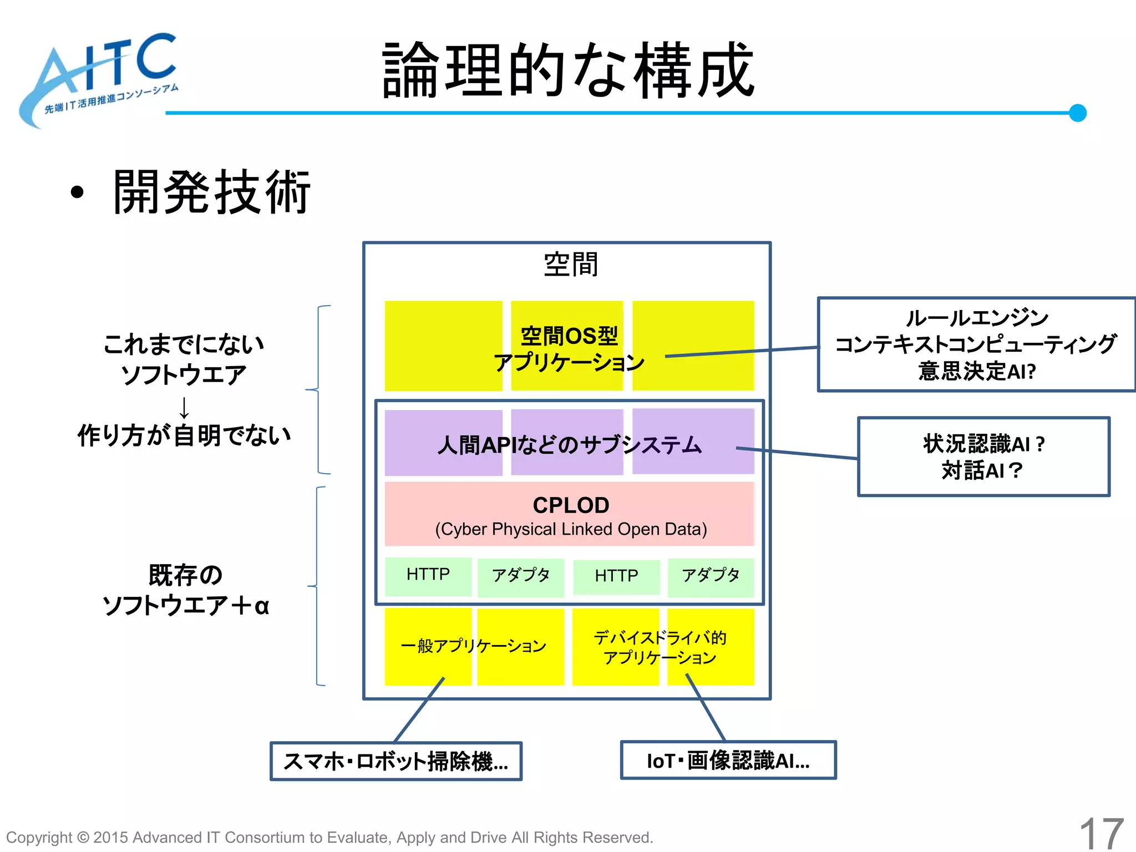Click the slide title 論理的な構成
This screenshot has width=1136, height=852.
(568, 70)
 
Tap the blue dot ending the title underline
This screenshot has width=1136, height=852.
(1077, 113)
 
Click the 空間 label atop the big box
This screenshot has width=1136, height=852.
(571, 264)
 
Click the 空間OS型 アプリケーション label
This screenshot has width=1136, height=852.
(569, 349)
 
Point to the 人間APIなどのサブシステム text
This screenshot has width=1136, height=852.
(569, 445)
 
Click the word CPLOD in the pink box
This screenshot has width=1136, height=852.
(571, 505)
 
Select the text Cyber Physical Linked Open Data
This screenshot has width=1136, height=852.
(571, 529)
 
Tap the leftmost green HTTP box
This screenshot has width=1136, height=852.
(428, 575)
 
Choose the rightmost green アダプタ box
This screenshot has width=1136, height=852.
(711, 576)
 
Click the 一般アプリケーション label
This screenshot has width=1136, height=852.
(473, 646)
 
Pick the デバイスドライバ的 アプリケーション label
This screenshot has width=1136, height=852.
(660, 647)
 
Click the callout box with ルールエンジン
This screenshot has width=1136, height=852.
(976, 344)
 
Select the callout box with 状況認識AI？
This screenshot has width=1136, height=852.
(983, 457)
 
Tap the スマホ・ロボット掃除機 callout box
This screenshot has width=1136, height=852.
(395, 761)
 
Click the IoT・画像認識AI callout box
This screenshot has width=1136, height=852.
(728, 760)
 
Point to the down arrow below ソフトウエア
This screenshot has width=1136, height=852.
(184, 407)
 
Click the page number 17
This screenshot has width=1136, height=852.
(1100, 833)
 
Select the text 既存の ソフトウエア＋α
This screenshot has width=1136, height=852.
(185, 590)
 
